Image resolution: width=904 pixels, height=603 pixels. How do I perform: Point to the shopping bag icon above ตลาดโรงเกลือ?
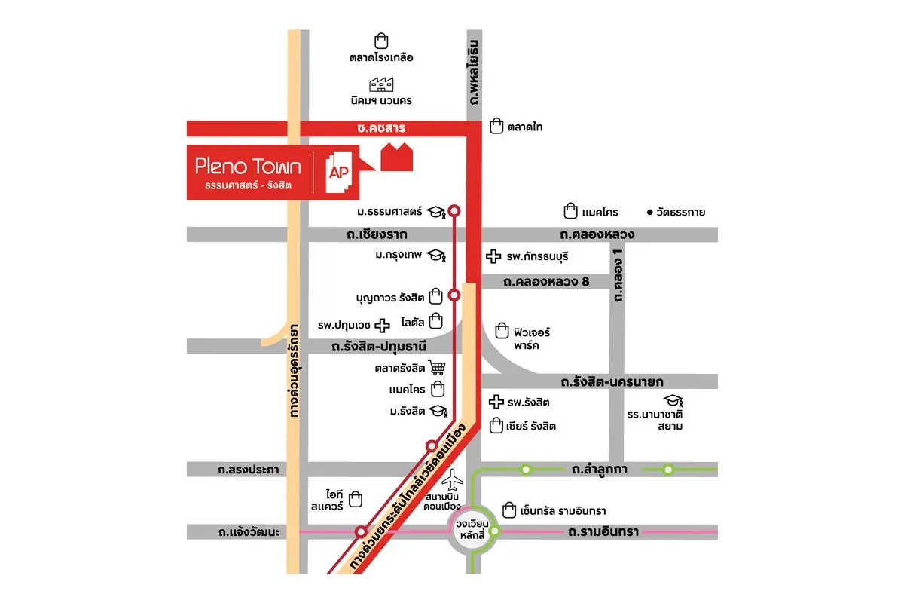381,41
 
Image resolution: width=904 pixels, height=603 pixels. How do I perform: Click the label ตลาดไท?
525,127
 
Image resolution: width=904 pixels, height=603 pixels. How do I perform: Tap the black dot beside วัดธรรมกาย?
650,213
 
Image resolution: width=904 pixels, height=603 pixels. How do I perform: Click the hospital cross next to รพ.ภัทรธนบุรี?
494,257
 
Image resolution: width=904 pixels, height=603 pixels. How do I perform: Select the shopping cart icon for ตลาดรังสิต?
438,369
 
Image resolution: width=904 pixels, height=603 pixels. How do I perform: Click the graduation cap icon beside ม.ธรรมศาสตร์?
436,212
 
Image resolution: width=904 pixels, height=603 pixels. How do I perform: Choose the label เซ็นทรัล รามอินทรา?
563,510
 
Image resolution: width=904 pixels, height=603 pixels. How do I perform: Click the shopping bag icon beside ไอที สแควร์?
356,499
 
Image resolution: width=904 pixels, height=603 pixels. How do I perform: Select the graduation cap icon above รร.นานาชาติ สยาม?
672,400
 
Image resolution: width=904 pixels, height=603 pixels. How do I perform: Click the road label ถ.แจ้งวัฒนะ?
249,532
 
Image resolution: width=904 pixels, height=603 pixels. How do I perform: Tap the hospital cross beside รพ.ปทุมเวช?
383,325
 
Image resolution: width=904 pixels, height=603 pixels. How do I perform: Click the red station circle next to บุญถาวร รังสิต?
454,295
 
